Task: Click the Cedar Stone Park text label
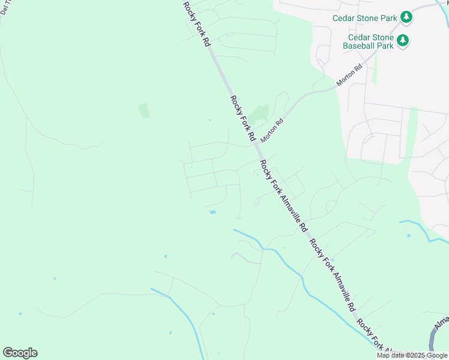[366, 17]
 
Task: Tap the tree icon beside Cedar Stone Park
[406, 17]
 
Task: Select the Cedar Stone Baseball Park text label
[369, 41]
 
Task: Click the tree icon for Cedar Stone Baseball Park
[403, 41]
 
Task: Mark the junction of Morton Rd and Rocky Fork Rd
[257, 145]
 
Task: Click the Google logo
[20, 353]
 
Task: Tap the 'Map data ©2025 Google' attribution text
[412, 355]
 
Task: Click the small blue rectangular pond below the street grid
[212, 212]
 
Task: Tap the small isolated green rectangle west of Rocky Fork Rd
[143, 110]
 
